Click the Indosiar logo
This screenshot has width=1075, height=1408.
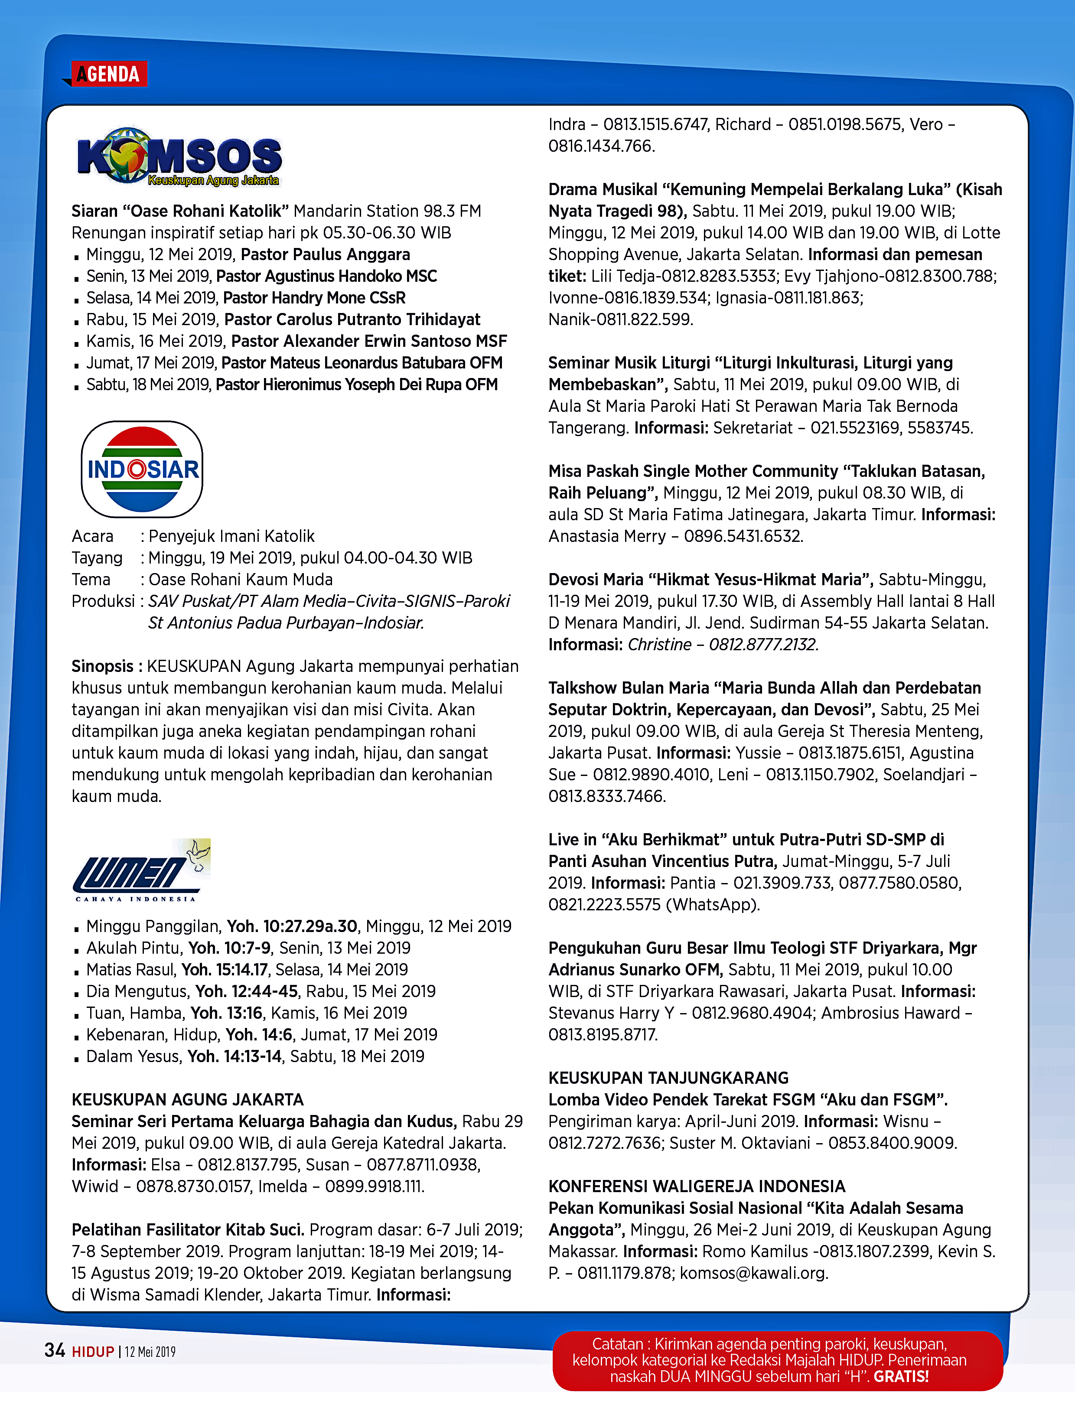(x=142, y=469)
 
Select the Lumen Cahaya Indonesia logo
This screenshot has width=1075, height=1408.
(x=141, y=870)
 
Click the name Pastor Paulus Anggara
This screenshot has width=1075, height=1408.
(x=325, y=255)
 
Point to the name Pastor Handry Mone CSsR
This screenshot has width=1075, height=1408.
(x=314, y=298)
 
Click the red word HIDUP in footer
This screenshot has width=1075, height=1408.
(x=93, y=1352)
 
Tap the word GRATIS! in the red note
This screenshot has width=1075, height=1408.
(x=901, y=1377)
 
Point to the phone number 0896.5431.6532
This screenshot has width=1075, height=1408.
(x=743, y=536)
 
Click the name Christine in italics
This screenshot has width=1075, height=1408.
(x=659, y=645)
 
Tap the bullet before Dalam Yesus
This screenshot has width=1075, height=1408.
(x=76, y=1058)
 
